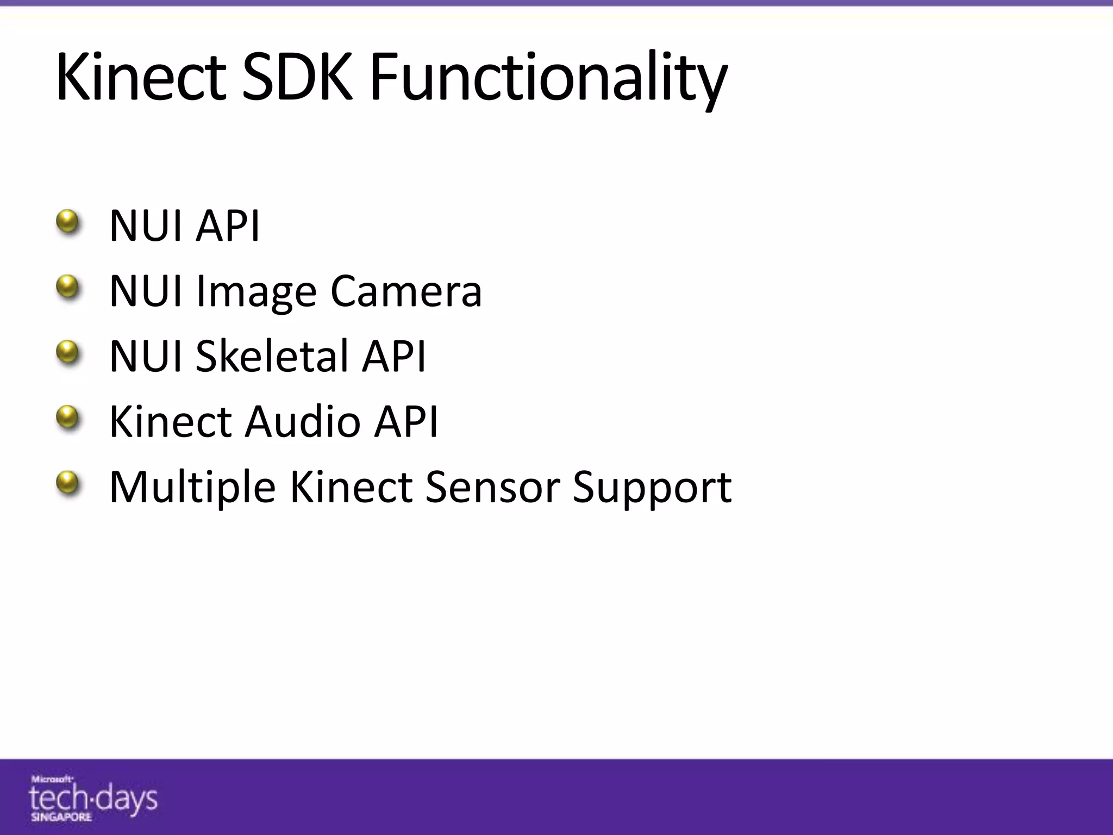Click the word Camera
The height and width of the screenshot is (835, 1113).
406,291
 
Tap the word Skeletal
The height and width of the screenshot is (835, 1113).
272,356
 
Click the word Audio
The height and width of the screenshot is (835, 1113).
302,421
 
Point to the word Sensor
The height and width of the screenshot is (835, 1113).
492,487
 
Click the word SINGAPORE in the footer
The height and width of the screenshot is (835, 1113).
61,817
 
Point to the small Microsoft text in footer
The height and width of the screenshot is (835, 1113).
52,779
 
